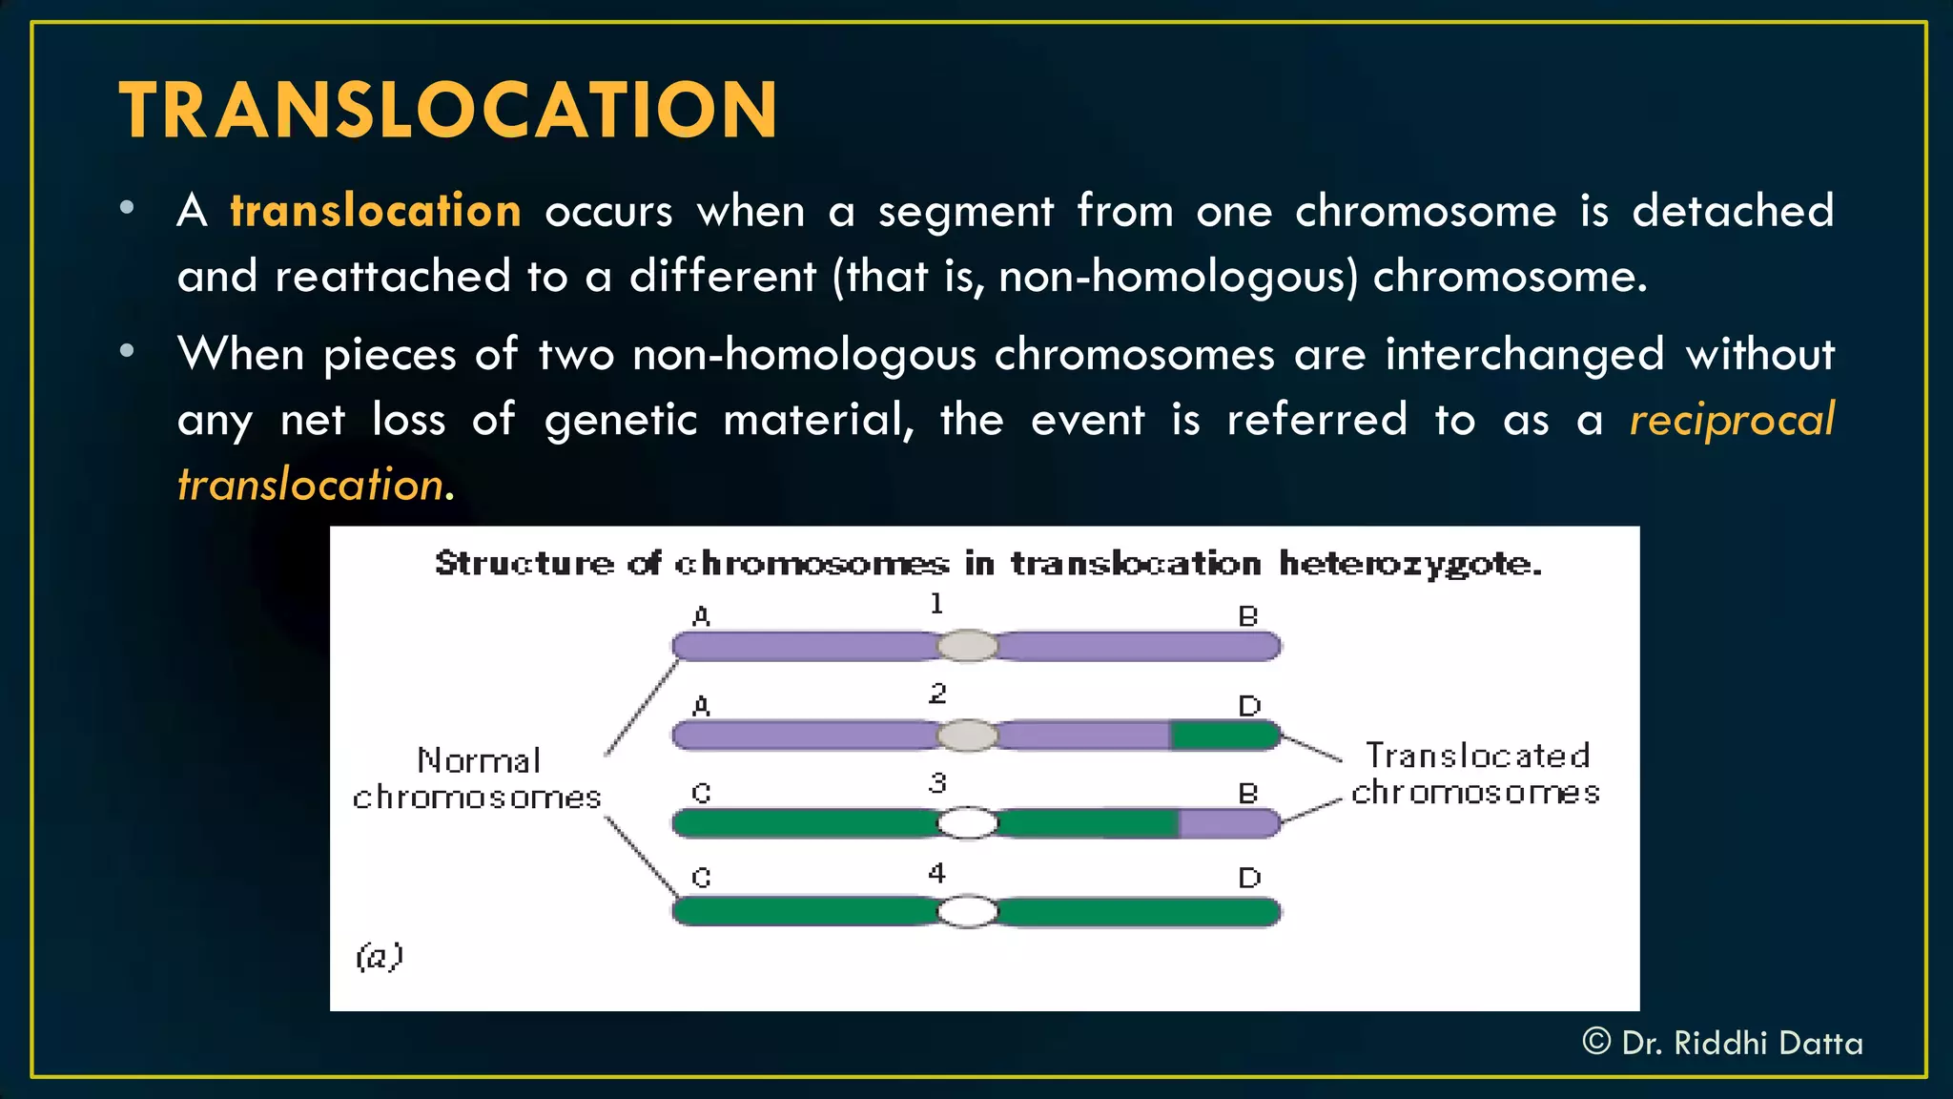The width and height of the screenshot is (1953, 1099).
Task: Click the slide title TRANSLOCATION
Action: [x=448, y=111]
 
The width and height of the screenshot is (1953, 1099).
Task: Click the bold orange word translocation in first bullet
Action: [x=376, y=211]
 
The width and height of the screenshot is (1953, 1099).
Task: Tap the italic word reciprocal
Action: [x=1732, y=420]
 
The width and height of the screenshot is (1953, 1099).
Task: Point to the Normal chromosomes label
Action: [x=478, y=778]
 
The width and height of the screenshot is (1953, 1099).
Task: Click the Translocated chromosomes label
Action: [x=1476, y=774]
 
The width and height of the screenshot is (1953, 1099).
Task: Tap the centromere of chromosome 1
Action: [x=967, y=646]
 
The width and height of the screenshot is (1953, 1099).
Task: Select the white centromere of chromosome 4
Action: [x=967, y=911]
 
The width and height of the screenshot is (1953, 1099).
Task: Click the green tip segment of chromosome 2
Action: [x=1224, y=736]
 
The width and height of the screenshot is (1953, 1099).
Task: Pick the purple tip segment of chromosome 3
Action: [x=1228, y=823]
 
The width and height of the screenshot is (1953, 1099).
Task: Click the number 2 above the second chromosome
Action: [x=937, y=694]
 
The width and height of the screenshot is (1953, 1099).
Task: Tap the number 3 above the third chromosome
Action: [x=937, y=783]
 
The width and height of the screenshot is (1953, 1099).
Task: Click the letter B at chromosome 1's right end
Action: [x=1248, y=617]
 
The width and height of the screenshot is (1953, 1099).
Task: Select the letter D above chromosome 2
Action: [x=1249, y=706]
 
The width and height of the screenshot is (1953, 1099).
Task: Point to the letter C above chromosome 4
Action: [x=701, y=878]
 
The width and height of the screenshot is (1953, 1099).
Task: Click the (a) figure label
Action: [x=380, y=956]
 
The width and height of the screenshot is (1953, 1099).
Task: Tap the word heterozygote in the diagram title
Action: [x=1409, y=565]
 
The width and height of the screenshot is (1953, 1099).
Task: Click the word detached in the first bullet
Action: [x=1732, y=211]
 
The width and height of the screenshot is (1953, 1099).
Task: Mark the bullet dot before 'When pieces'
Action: [x=127, y=352]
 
